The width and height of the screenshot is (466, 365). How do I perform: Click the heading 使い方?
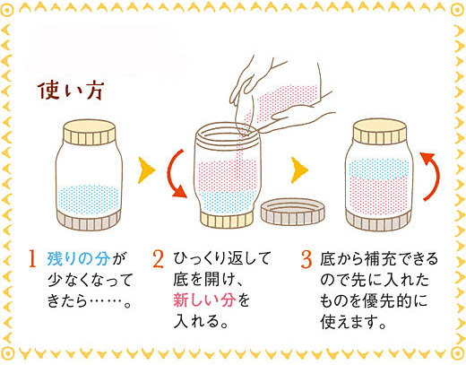(71, 91)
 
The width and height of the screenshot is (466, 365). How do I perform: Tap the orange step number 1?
(32, 259)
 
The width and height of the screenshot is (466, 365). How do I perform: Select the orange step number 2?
(158, 259)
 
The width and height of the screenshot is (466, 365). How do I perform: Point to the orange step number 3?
(306, 259)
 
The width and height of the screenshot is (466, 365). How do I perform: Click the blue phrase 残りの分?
(79, 259)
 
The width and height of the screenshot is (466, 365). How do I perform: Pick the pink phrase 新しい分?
(204, 300)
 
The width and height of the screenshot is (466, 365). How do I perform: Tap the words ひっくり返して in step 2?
(221, 258)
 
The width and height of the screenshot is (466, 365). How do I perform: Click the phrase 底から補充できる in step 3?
(379, 259)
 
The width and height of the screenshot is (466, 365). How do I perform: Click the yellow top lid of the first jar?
(90, 132)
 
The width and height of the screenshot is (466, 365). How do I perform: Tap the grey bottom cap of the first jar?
(89, 220)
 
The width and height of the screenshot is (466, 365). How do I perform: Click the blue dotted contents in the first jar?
(89, 199)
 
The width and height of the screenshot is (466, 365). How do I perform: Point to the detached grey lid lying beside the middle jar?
(293, 212)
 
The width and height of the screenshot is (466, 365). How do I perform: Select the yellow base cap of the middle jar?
(227, 220)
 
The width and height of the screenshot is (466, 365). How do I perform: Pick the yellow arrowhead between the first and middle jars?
(146, 170)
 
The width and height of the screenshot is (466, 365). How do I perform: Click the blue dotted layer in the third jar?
(378, 169)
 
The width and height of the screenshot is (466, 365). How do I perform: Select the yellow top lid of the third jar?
(379, 131)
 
